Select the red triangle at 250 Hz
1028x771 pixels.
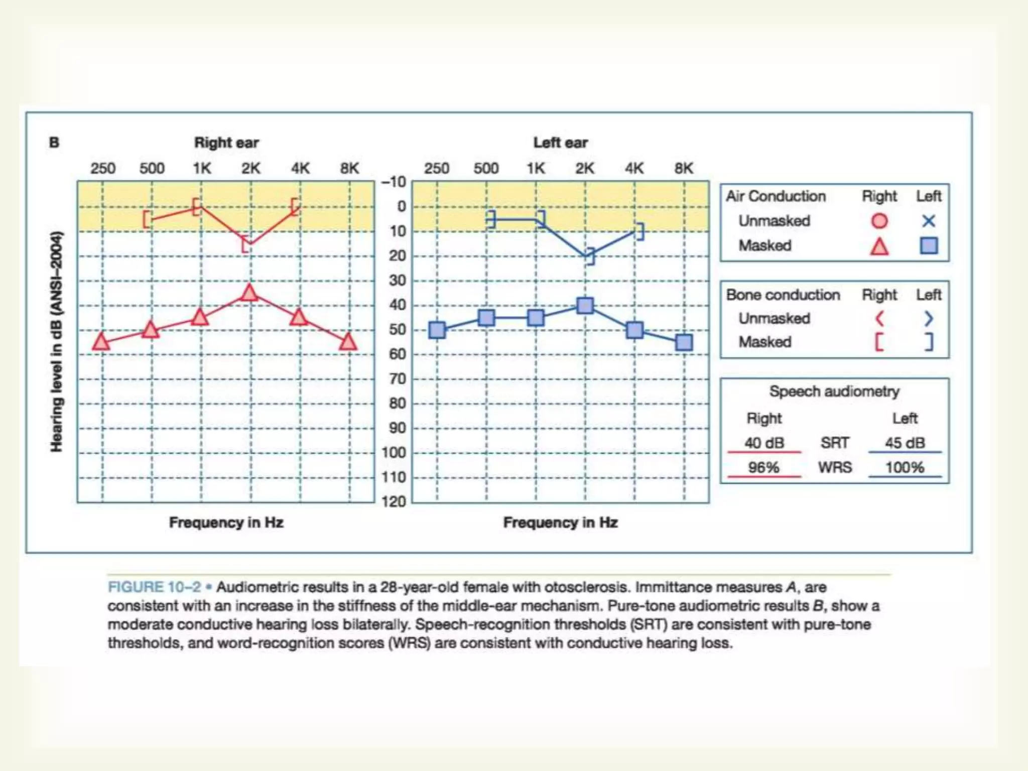pos(101,342)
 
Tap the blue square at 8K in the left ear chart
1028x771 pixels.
pos(684,343)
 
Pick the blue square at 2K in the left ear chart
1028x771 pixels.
pos(585,306)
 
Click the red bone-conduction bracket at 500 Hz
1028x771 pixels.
pos(147,219)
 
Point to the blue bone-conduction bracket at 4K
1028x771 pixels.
pos(639,231)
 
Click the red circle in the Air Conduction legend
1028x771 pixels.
pos(879,221)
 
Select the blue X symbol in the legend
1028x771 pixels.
pos(929,221)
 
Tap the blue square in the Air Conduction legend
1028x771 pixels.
pos(929,245)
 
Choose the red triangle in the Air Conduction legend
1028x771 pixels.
pos(879,246)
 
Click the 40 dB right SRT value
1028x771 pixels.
pos(764,443)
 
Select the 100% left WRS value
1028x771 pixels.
pos(905,467)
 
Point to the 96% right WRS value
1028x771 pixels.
pos(763,467)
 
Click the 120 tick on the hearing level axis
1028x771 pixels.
pos(394,501)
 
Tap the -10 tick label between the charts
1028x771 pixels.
pos(394,182)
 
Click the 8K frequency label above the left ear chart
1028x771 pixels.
pos(684,168)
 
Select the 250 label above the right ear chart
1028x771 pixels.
pos(103,168)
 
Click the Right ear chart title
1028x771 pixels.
pos(226,143)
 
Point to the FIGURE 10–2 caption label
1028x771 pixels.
pos(155,587)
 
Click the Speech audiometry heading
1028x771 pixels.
pos(834,392)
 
